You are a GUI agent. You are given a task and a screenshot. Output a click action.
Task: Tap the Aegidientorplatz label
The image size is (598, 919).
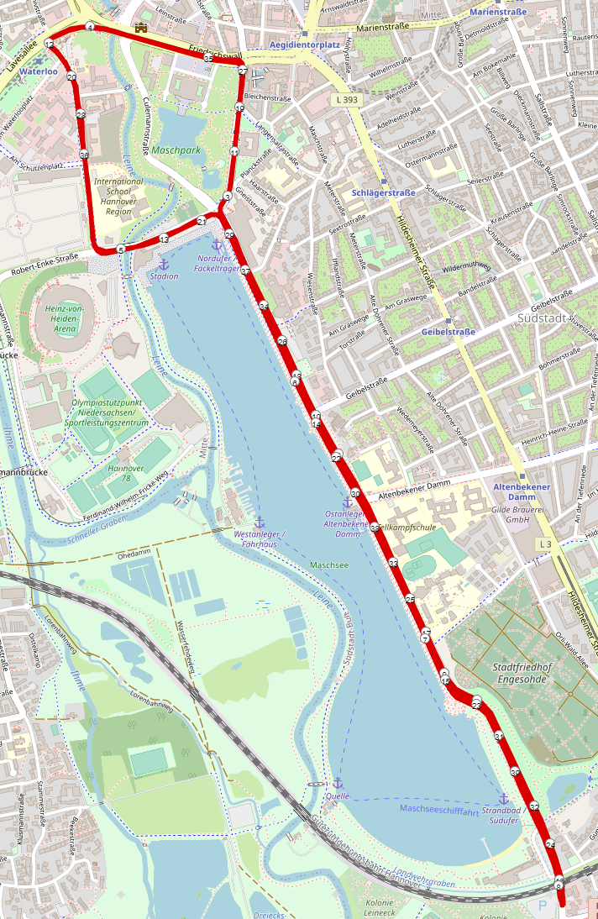[305, 43]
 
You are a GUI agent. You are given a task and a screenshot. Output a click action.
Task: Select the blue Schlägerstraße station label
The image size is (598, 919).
[384, 192]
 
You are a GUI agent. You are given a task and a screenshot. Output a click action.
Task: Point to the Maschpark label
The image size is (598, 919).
[176, 150]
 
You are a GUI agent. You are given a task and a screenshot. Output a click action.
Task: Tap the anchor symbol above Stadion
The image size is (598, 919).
[164, 265]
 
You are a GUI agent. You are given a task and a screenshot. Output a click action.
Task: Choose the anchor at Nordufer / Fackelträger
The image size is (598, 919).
[216, 244]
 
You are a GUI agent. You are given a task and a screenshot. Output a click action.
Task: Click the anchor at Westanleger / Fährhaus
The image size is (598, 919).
[259, 523]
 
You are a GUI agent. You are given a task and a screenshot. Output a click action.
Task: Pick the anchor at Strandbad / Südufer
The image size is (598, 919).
[504, 798]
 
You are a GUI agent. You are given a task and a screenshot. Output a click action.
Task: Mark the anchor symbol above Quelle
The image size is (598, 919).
[338, 783]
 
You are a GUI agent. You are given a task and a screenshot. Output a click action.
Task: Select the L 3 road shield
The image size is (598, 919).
[545, 545]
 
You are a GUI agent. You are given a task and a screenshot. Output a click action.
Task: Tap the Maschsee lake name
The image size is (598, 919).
[328, 565]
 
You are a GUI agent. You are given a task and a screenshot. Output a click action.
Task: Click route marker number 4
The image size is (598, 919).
[90, 28]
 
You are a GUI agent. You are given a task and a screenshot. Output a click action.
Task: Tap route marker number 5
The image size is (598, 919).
[121, 249]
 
